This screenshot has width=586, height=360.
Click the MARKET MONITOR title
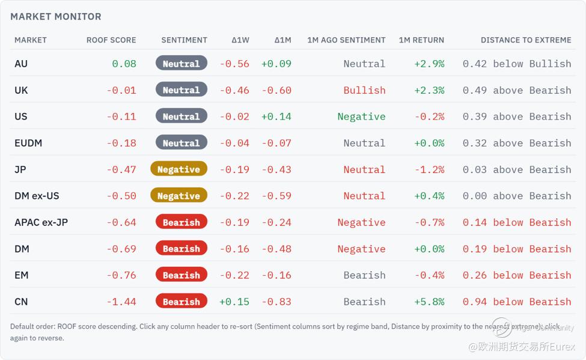click(56, 16)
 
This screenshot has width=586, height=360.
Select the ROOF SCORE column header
click(111, 40)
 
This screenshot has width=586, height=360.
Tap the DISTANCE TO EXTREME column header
click(526, 40)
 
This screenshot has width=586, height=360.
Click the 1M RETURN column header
click(421, 40)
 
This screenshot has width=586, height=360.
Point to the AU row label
click(21, 64)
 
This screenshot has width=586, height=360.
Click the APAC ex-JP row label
click(41, 222)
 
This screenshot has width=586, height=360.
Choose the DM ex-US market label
click(37, 196)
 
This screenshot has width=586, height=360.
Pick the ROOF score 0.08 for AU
click(124, 64)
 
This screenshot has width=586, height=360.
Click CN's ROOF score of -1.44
click(121, 302)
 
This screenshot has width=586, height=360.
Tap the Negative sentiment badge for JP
click(179, 169)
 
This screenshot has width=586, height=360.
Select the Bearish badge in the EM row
click(182, 275)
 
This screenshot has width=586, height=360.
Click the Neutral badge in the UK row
click(182, 90)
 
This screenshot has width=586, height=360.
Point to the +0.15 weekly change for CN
click(234, 302)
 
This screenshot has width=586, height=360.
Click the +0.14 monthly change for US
click(276, 117)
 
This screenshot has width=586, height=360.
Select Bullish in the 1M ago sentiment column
click(364, 90)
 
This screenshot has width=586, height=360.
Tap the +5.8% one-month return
click(429, 302)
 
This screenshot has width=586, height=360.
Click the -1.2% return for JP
click(429, 169)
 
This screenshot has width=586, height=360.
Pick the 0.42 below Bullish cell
click(517, 64)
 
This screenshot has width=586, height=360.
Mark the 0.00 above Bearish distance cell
click(517, 196)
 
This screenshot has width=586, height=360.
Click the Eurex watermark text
click(522, 347)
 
